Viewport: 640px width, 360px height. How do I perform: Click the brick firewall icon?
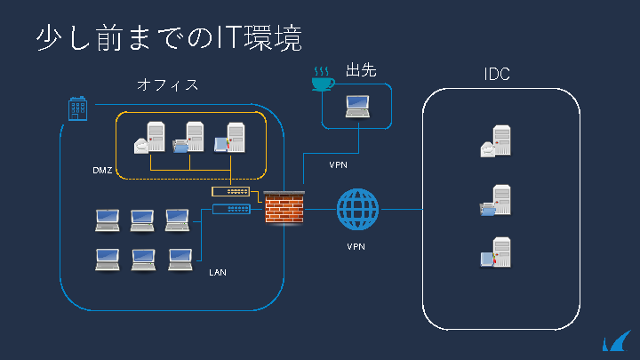click(x=284, y=209)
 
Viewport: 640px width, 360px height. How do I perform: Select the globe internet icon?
click(x=357, y=210)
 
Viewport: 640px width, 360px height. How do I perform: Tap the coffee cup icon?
click(x=322, y=79)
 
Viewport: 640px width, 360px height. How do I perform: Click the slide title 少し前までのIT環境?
click(x=169, y=37)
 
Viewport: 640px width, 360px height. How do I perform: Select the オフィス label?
click(x=167, y=85)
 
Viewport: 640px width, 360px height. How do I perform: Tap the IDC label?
click(x=496, y=75)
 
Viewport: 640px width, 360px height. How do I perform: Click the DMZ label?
click(x=103, y=170)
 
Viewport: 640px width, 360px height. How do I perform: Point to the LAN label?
click(x=218, y=272)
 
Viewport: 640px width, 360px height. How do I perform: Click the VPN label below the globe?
click(x=356, y=246)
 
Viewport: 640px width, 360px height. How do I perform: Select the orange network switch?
click(x=231, y=191)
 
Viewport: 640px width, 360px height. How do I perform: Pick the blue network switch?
click(x=231, y=210)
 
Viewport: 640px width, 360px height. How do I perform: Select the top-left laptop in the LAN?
click(x=108, y=219)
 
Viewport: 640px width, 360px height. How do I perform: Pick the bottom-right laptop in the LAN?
click(x=181, y=259)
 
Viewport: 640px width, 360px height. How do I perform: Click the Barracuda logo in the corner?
click(x=615, y=341)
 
